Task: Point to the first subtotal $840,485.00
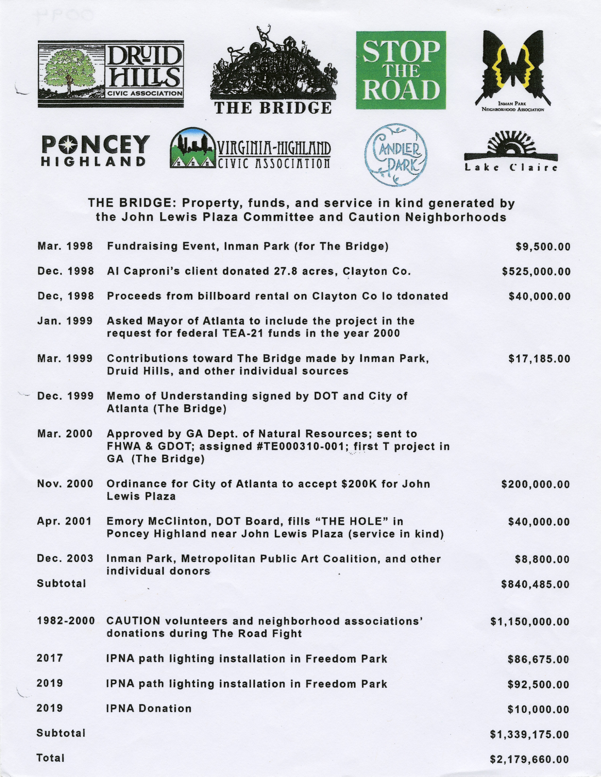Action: pyautogui.click(x=535, y=584)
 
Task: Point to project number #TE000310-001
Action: pyautogui.click(x=302, y=447)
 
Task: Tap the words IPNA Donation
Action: pyautogui.click(x=149, y=708)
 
